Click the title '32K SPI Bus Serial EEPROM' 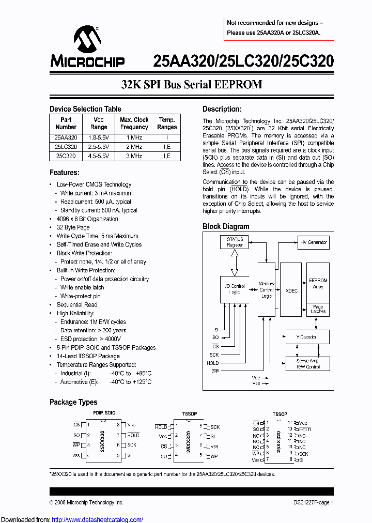tap(192, 85)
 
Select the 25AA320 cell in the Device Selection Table tap(66, 138)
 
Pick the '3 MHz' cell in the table tap(134, 156)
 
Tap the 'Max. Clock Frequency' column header tap(134, 123)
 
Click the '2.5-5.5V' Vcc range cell tap(99, 147)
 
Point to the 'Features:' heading tap(65, 172)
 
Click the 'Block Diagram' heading tap(226, 226)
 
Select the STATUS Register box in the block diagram tap(235, 242)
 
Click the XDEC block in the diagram tap(291, 290)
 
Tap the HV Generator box tap(314, 242)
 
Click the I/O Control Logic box tap(235, 289)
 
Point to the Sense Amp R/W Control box tap(308, 363)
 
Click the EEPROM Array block tap(318, 283)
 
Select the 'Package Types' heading tap(73, 402)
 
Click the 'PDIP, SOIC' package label tap(104, 413)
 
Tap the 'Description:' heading tap(222, 109)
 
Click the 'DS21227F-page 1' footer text tap(311, 502)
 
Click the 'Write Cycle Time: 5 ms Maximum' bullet tap(97, 236)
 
